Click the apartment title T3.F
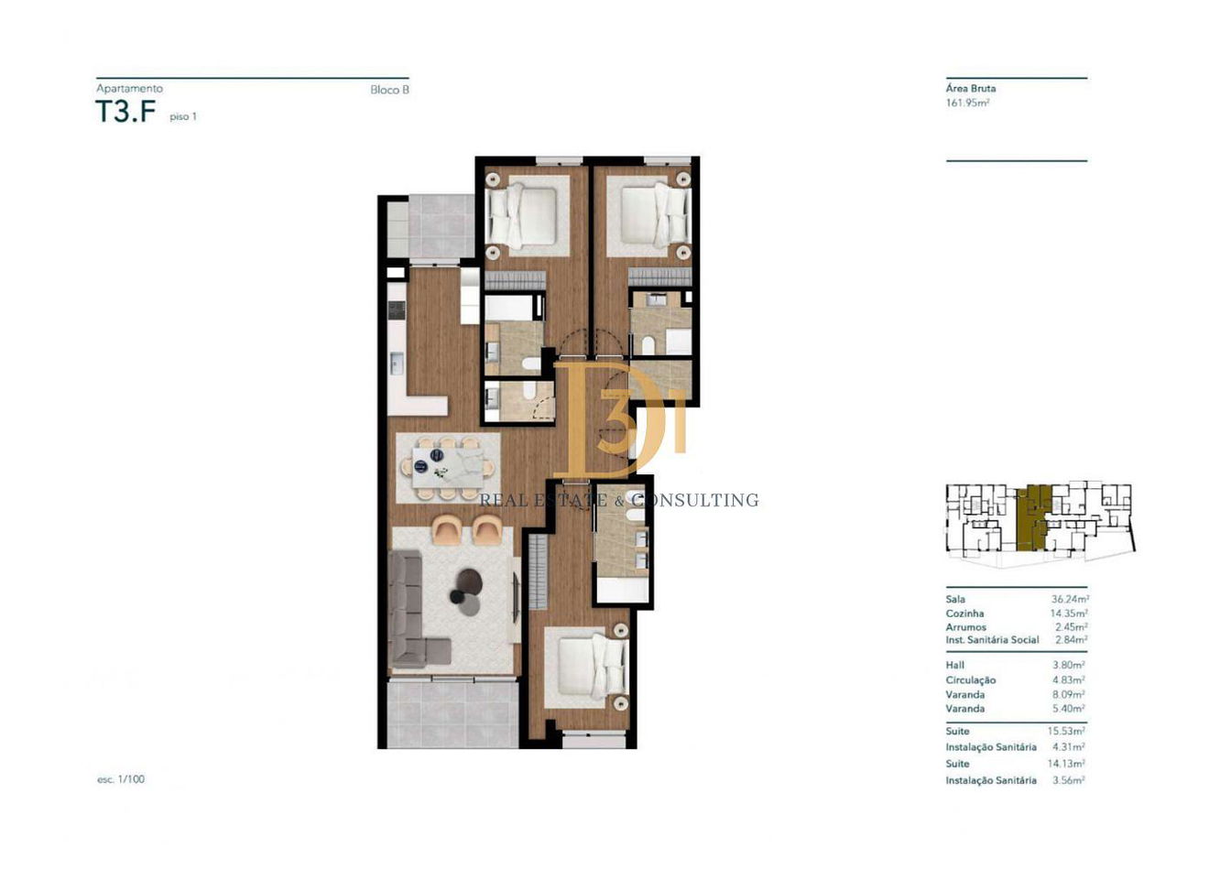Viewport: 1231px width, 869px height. [125, 112]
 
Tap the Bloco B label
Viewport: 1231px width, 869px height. [389, 90]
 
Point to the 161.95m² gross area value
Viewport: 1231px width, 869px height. [967, 103]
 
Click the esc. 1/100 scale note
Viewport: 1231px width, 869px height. [121, 779]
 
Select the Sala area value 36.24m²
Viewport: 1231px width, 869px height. [1070, 599]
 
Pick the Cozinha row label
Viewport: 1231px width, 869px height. [964, 613]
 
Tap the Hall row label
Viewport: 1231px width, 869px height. [955, 665]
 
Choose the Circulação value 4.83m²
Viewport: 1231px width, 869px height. [1068, 680]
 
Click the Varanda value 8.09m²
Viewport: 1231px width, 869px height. [1068, 694]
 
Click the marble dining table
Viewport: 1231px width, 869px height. [448, 467]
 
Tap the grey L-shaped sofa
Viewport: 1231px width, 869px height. [413, 607]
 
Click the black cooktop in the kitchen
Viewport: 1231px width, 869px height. [397, 310]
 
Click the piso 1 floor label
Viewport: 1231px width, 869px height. [183, 116]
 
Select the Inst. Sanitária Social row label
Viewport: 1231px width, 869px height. [992, 640]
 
